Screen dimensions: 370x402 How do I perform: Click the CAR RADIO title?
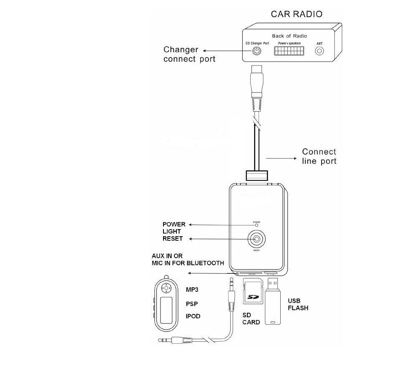(296, 14)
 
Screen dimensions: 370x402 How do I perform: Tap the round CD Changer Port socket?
(256, 51)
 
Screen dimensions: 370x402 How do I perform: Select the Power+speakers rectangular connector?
(289, 51)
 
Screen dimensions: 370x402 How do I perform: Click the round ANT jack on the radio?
(319, 51)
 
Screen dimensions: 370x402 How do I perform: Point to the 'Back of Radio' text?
(289, 36)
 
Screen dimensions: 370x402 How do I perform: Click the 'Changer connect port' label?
(188, 54)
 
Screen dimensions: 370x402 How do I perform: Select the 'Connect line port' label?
(319, 156)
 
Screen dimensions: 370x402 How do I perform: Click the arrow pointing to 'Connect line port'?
(281, 158)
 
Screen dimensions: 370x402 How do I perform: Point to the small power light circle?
(257, 225)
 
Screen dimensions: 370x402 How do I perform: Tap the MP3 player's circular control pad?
(166, 287)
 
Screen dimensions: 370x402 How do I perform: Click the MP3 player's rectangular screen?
(166, 310)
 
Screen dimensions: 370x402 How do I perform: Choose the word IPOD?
(193, 316)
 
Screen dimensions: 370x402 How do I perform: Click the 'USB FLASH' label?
(298, 305)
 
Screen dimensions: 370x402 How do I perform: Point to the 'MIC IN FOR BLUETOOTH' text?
(188, 263)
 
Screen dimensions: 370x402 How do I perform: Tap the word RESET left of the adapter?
(172, 239)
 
